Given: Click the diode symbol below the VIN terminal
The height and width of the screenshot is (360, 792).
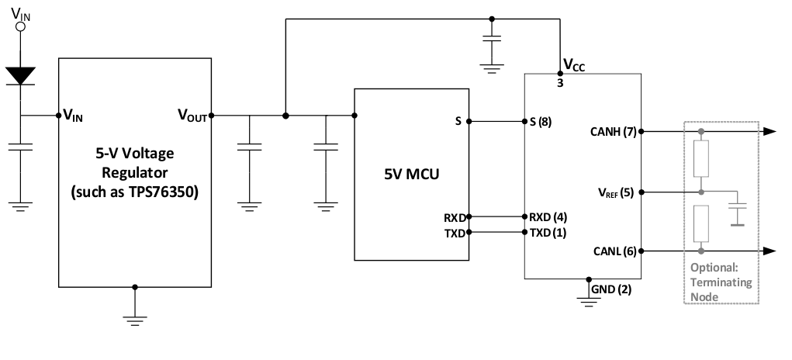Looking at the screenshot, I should click(21, 75).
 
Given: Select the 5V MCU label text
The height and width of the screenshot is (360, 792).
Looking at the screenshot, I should click(410, 174).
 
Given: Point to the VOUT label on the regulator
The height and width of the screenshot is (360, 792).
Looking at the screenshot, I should click(192, 116).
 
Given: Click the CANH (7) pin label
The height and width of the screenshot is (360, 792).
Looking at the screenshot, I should click(614, 132).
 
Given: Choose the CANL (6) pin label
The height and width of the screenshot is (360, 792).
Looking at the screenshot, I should click(614, 251).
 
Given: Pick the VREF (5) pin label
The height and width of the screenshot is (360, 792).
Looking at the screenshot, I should click(614, 192).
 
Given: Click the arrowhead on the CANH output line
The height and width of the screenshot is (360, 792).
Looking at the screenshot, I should click(769, 132).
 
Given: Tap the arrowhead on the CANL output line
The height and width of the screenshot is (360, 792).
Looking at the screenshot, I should click(769, 251).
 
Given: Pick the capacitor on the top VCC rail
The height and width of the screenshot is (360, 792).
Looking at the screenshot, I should click(490, 39).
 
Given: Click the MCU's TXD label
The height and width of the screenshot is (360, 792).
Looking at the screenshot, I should click(455, 232).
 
